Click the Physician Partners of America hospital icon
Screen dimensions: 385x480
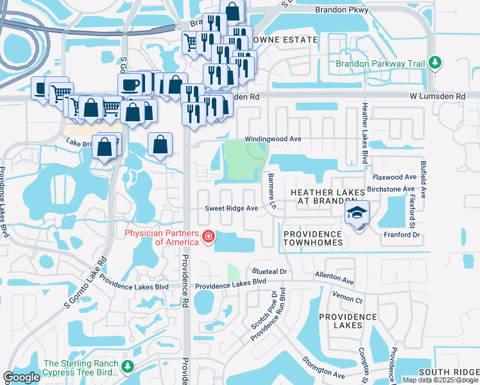[x=208, y=237]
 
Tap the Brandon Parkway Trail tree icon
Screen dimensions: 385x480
[x=436, y=63]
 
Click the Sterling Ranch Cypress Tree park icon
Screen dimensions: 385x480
[x=128, y=366]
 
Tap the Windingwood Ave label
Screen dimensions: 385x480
[x=273, y=139]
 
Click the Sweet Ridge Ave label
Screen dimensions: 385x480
[x=231, y=209]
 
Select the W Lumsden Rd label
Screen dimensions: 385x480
[x=438, y=96]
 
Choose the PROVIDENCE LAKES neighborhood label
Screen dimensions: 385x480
[x=348, y=321]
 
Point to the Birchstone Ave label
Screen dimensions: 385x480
[x=391, y=189]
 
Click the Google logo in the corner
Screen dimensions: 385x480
[x=22, y=377]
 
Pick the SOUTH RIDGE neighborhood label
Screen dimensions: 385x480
[x=448, y=373]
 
